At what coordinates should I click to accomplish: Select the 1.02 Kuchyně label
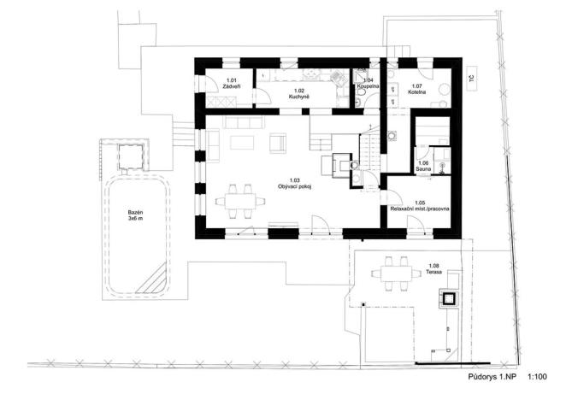pyautogui.click(x=299, y=93)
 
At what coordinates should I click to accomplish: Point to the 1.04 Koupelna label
pyautogui.click(x=367, y=82)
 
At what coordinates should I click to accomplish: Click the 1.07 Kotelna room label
pyautogui.click(x=417, y=89)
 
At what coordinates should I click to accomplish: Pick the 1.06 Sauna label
pyautogui.click(x=422, y=166)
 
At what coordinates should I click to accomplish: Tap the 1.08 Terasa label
pyautogui.click(x=435, y=271)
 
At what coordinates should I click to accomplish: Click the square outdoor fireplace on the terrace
pyautogui.click(x=448, y=298)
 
